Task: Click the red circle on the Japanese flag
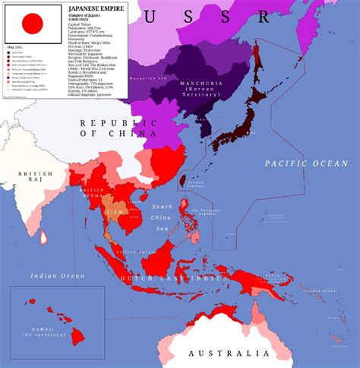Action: point(33,24)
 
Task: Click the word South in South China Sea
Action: point(163,207)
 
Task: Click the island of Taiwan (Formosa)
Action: point(182,181)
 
